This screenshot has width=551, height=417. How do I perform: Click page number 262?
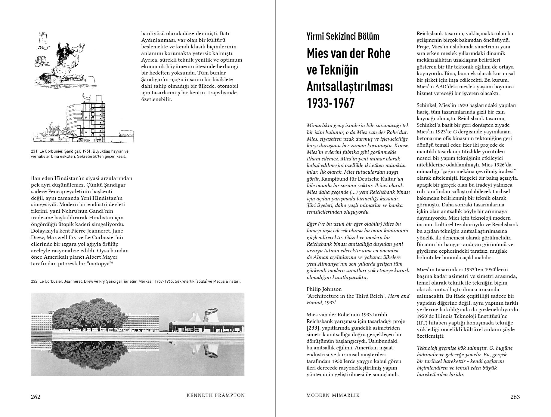(x=36, y=397)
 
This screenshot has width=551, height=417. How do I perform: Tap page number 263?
(x=515, y=397)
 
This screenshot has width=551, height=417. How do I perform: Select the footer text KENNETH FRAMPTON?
(x=215, y=395)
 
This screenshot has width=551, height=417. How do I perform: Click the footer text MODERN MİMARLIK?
(x=333, y=395)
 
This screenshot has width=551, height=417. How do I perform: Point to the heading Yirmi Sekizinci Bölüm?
(x=343, y=37)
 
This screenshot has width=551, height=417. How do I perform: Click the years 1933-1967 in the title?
(x=330, y=103)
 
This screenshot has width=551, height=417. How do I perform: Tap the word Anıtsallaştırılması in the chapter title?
(x=350, y=87)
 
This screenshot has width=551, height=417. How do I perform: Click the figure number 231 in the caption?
(x=34, y=151)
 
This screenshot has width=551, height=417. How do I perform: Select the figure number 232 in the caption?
(x=34, y=282)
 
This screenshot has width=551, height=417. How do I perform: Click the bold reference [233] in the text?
(x=313, y=328)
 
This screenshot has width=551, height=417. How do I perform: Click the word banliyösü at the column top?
(x=153, y=34)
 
